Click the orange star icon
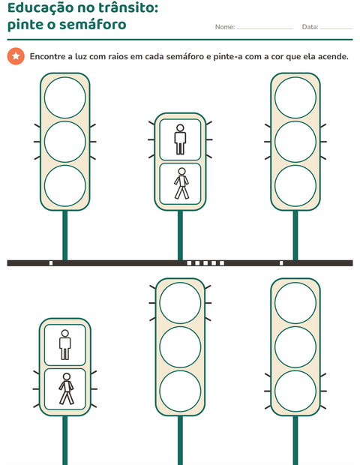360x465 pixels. coord(16,56)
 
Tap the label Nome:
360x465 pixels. coord(225,27)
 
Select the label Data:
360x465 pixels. coord(310,27)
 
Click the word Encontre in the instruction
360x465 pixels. coord(47,56)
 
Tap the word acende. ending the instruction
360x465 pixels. coord(333,56)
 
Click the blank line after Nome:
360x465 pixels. coord(265,29)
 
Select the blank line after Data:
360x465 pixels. coord(336,29)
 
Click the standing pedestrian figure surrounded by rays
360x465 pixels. coord(180,139)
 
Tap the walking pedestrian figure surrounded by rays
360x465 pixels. coord(66,388)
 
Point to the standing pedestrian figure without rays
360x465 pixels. coord(65,344)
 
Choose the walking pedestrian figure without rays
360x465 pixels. coord(181,184)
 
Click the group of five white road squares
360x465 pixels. coord(205,263)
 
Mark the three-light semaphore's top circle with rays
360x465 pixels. coord(180,303)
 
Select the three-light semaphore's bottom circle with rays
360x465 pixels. coord(295,391)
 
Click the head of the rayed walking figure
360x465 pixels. coord(67,376)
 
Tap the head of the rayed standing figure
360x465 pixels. coord(180,128)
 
